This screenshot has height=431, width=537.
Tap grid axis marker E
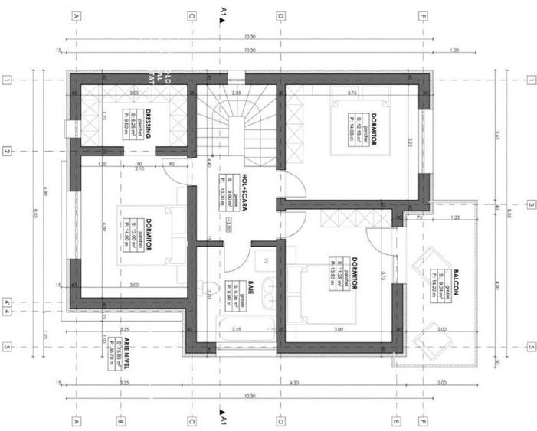point(397,420)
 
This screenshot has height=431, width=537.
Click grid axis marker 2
point(7,152)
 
